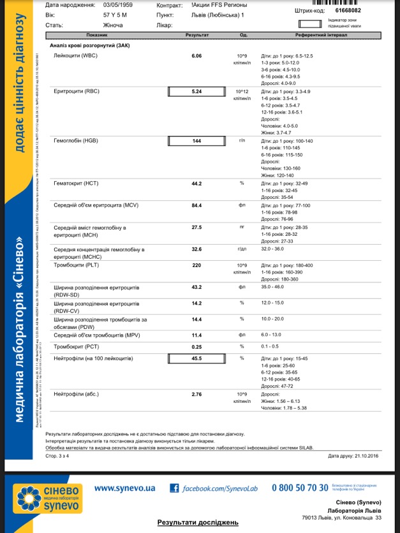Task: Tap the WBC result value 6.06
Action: click(196, 56)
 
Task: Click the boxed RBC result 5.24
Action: click(196, 91)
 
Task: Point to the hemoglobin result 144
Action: click(196, 140)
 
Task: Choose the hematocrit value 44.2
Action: click(196, 184)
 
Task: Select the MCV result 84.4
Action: click(196, 205)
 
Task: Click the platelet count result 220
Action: click(196, 265)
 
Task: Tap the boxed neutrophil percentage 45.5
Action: click(196, 358)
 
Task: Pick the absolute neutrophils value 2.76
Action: click(196, 395)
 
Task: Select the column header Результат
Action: click(196, 36)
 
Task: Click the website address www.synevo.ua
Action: click(124, 488)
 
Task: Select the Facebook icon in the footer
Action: click(174, 488)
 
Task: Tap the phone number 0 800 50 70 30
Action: click(300, 488)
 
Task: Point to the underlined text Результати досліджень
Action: click(198, 522)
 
